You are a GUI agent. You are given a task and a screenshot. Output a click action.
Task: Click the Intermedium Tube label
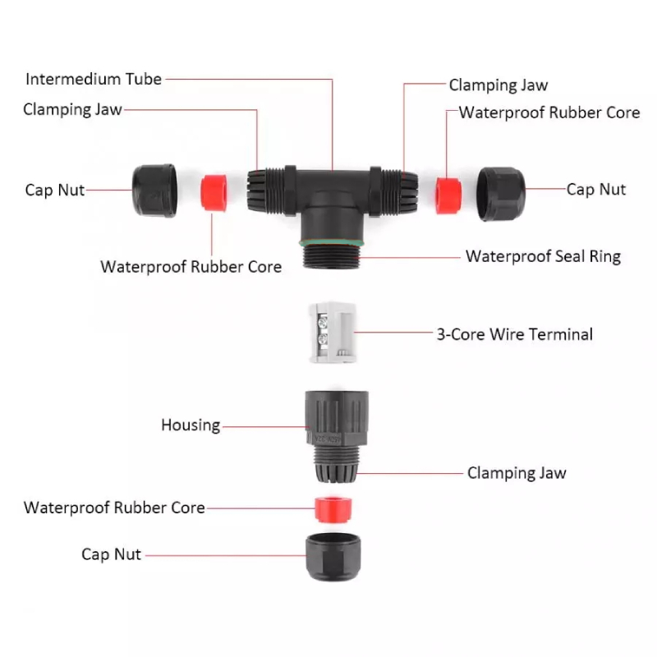coord(94,80)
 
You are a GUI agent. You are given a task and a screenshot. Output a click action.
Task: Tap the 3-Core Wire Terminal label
coord(514,334)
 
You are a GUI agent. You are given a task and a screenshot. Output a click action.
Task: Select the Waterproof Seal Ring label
coord(543,256)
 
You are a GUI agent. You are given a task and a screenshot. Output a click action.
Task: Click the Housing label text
coord(191,425)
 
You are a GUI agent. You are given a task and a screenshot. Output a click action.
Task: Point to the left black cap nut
coord(154,190)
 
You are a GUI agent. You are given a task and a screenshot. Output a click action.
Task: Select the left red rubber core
coord(214,191)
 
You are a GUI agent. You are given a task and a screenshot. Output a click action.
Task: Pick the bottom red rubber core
coord(333,508)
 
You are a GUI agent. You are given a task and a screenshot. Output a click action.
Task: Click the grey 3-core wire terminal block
coord(333,332)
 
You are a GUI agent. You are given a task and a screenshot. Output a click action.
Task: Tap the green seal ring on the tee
coord(333,244)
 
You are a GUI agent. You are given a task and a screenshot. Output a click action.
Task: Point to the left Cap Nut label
coord(55,191)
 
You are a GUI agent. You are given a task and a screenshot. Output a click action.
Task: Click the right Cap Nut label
coord(596,190)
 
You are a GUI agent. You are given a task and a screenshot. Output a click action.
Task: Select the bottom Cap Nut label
coord(112,554)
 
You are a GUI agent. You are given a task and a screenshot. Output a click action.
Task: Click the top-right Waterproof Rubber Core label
coord(549,113)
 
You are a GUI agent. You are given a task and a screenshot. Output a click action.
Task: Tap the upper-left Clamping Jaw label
coord(72,109)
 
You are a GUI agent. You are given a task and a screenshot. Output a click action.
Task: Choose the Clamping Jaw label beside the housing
coord(517,473)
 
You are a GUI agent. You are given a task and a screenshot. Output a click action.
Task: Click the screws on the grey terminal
coord(320,331)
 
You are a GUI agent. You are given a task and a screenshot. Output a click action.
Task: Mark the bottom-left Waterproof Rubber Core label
coord(114,508)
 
